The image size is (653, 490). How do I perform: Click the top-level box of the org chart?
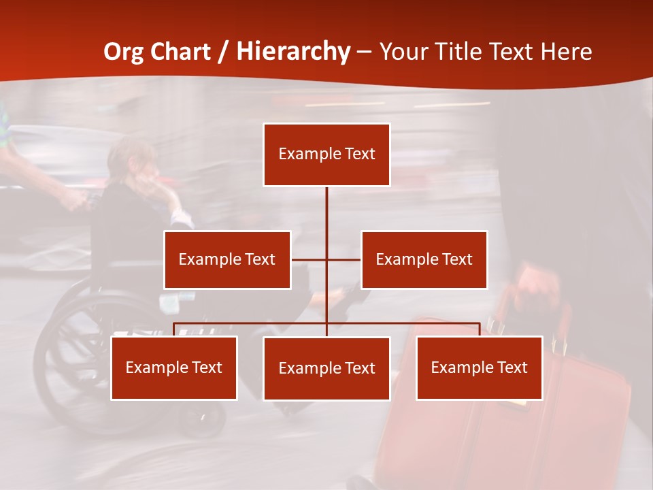tap(326, 154)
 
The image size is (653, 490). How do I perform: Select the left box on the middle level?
tap(227, 259)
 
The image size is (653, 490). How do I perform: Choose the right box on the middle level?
tap(424, 259)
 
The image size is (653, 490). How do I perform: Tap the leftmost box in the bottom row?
tap(174, 367)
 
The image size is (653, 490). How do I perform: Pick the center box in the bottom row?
tap(326, 368)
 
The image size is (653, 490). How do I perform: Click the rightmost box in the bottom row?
tap(479, 367)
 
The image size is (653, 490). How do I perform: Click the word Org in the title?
tap(123, 52)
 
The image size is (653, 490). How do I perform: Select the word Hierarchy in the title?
tap(293, 52)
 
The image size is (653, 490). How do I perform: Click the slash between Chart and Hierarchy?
tap(223, 52)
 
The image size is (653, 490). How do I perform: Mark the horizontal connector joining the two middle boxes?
tap(326, 259)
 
